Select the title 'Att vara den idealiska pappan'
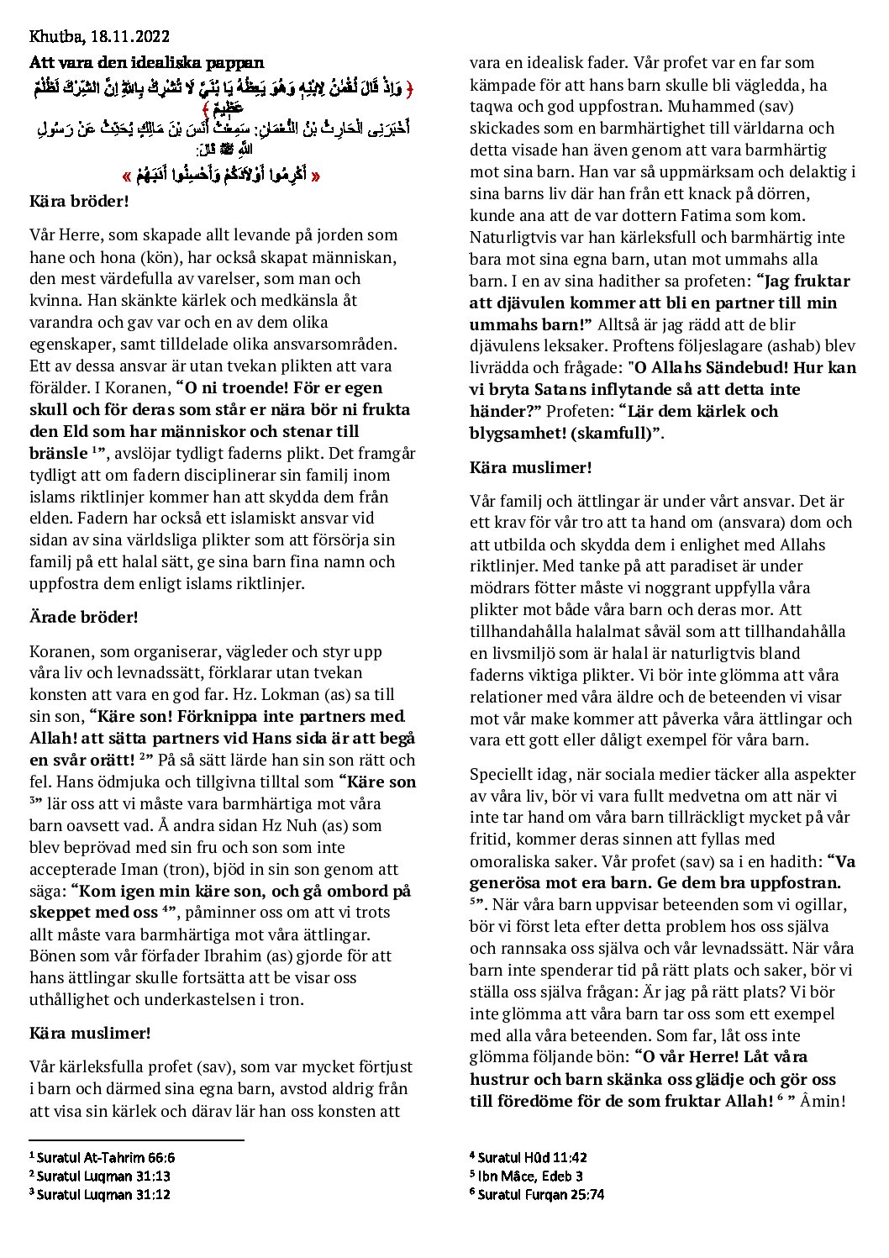tap(147, 62)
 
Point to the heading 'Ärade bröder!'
tap(83, 617)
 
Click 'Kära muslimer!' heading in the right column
tap(530, 467)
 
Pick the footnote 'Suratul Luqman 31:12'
tap(103, 1194)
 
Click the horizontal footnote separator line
tap(136, 1140)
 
